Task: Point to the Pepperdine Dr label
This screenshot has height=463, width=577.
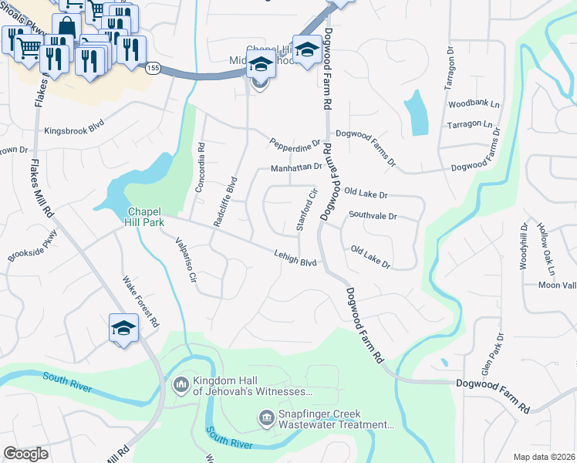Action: pyautogui.click(x=295, y=144)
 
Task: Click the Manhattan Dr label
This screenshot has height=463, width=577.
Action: pyautogui.click(x=295, y=167)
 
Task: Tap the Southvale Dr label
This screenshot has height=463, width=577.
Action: pyautogui.click(x=372, y=217)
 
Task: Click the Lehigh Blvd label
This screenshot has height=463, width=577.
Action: pyautogui.click(x=296, y=259)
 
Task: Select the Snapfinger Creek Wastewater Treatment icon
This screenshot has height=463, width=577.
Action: pyautogui.click(x=266, y=418)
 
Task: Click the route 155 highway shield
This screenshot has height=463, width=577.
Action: pyautogui.click(x=152, y=68)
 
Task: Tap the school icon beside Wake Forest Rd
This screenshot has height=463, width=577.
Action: pyautogui.click(x=123, y=329)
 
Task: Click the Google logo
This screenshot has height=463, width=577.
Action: pyautogui.click(x=25, y=453)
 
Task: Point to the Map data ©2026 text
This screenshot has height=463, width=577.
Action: pyautogui.click(x=543, y=457)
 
